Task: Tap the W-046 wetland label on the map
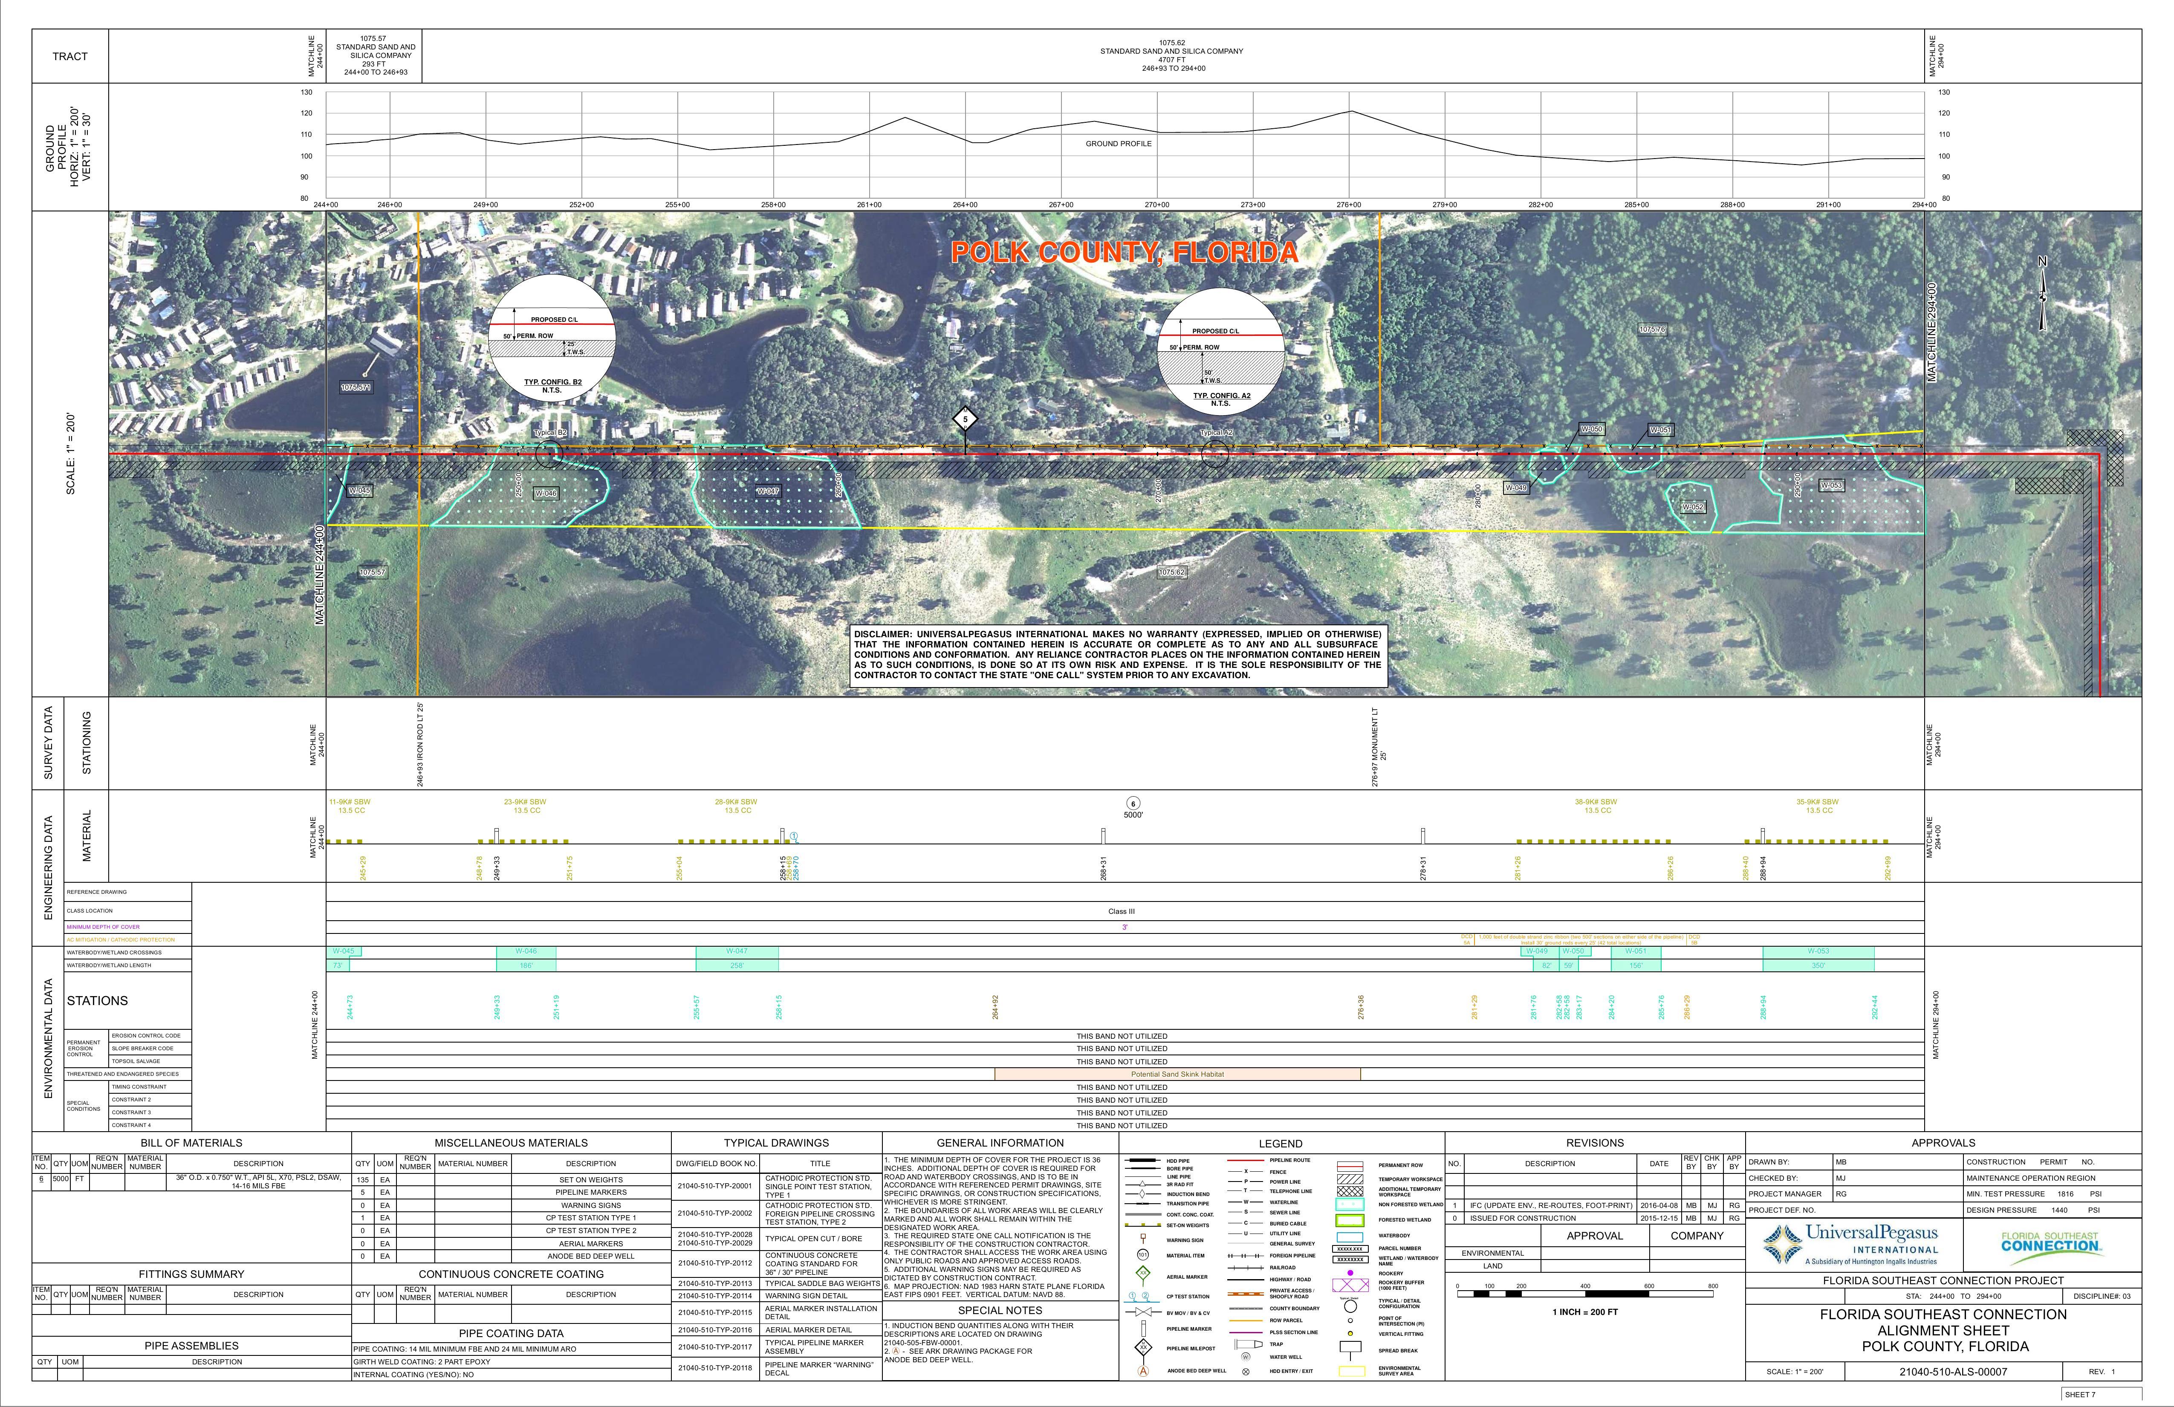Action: click(x=545, y=493)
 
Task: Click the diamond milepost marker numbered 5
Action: click(x=965, y=419)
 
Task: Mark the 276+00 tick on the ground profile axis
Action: click(x=1348, y=205)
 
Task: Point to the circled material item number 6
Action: click(x=1133, y=804)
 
